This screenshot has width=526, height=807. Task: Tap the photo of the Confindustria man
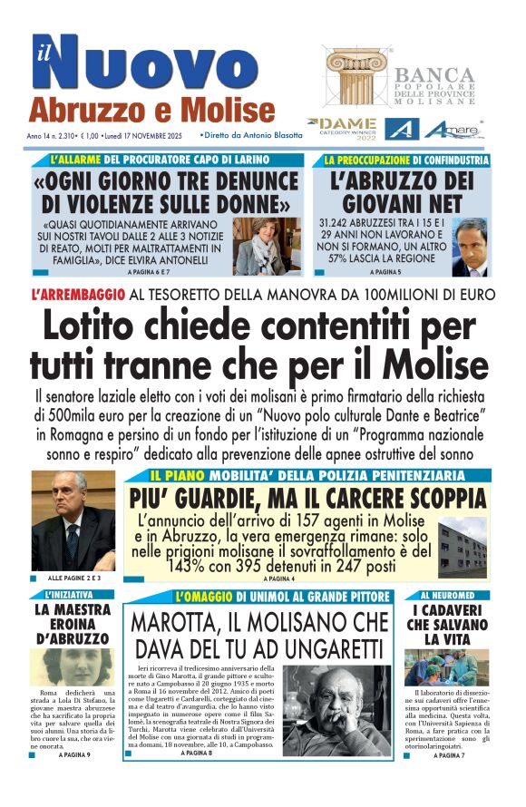coord(470,247)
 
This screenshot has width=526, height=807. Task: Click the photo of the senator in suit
coord(73,520)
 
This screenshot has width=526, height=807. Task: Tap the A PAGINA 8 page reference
coord(196,754)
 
